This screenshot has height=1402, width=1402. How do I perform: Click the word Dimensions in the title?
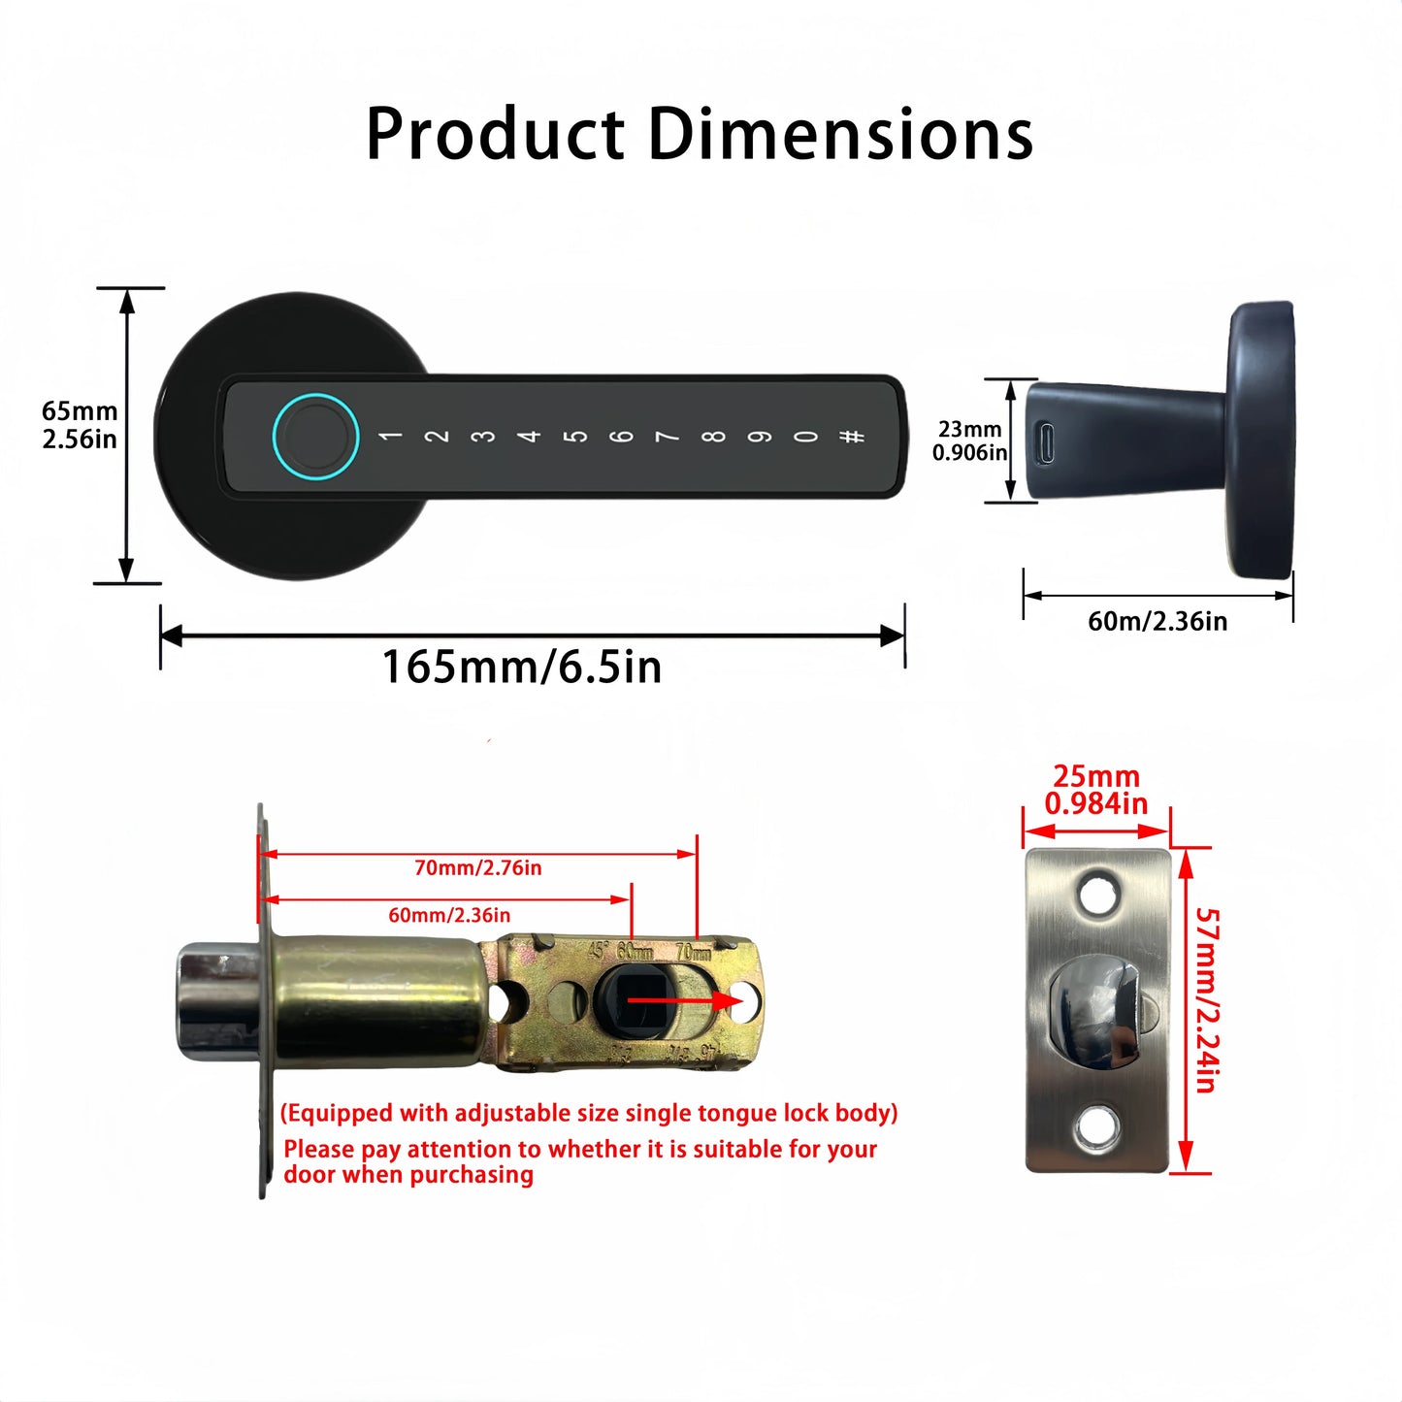[x=840, y=134]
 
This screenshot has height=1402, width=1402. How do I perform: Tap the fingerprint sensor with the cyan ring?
[x=315, y=436]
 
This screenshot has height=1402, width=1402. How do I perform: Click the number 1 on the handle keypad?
[x=391, y=437]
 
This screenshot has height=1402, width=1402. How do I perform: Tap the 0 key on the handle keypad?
[x=805, y=437]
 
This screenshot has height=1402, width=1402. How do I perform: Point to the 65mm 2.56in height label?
[x=80, y=425]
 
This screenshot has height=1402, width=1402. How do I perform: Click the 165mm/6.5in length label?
[x=522, y=668]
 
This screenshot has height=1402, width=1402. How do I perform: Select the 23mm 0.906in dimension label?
[x=969, y=440]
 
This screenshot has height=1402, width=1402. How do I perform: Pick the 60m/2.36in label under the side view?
[x=1157, y=621]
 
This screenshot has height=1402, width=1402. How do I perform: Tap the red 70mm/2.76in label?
[x=477, y=868]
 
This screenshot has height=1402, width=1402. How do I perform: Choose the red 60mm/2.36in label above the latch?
[x=449, y=915]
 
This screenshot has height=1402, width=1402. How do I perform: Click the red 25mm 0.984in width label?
[x=1096, y=790]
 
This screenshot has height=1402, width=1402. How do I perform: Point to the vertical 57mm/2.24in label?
[x=1205, y=999]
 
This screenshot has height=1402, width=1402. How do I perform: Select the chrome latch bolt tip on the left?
[x=216, y=1001]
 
